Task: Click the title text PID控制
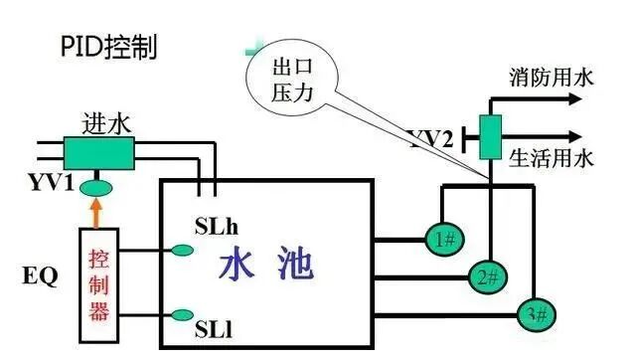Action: [x=109, y=47]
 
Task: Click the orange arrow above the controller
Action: [x=95, y=213]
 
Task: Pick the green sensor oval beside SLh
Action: [x=182, y=250]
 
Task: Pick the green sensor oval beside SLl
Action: [x=182, y=315]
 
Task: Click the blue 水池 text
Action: [x=265, y=266]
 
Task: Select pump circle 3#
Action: [x=538, y=316]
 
